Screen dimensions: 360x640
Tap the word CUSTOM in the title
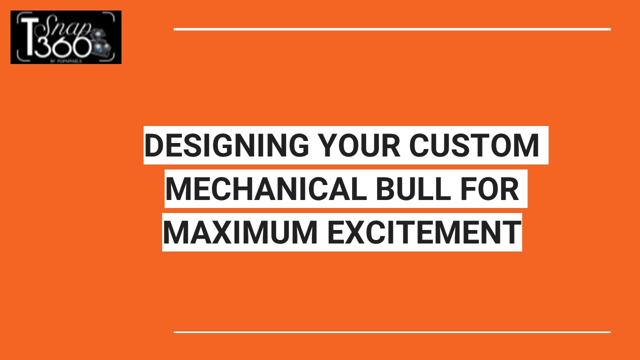point(474,145)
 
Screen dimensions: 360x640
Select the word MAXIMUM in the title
point(240,232)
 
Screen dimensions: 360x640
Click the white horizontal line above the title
point(392,29)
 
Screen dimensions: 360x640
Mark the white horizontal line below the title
point(392,331)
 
